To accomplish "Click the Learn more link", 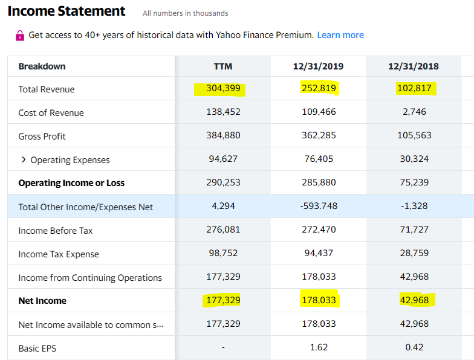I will (x=340, y=35).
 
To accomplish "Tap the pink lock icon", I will (x=20, y=36).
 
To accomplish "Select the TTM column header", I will (x=223, y=66).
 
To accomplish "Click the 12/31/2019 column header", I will (x=318, y=66).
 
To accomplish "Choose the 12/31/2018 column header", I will (x=414, y=66).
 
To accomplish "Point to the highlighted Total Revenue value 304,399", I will (x=223, y=89).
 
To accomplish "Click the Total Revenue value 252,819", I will (x=319, y=89).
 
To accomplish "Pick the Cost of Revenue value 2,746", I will (x=414, y=112).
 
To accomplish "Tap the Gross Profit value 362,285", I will (x=319, y=136).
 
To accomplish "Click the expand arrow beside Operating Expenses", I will (x=24, y=160).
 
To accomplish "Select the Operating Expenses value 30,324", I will (x=414, y=159).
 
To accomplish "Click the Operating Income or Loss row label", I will (x=71, y=183).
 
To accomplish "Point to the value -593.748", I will (x=319, y=207).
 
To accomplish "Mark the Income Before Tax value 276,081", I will (x=223, y=230).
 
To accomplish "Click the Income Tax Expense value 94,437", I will (x=319, y=254).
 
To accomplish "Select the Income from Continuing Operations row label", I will (x=90, y=278).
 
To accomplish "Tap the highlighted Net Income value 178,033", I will (x=319, y=300).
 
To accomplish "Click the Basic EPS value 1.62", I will (x=319, y=348).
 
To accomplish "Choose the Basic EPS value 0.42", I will (x=414, y=348).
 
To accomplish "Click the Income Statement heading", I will (x=67, y=11).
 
